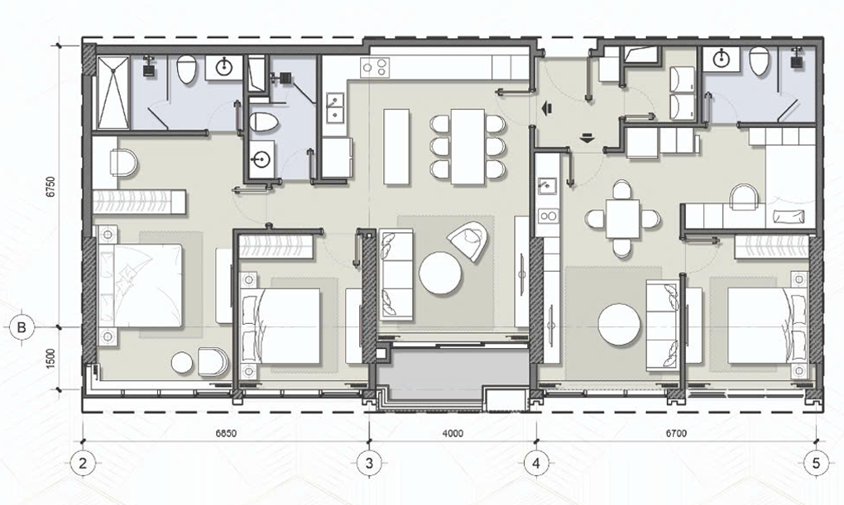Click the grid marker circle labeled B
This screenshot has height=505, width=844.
pyautogui.click(x=22, y=327)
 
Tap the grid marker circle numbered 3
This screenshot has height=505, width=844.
pyautogui.click(x=369, y=463)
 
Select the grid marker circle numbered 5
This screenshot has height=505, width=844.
pyautogui.click(x=817, y=463)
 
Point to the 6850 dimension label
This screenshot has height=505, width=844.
pyautogui.click(x=226, y=433)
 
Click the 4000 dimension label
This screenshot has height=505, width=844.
pyautogui.click(x=452, y=433)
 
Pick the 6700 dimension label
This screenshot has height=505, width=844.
pyautogui.click(x=675, y=433)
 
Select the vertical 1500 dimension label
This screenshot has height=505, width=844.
pyautogui.click(x=50, y=359)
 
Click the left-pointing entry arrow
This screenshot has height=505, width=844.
pyautogui.click(x=548, y=108)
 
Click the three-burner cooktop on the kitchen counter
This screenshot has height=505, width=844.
pyautogui.click(x=375, y=68)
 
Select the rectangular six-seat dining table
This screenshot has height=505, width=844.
pyautogui.click(x=468, y=146)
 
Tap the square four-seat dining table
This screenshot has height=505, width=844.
pyautogui.click(x=623, y=218)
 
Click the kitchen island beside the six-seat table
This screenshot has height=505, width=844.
pyautogui.click(x=396, y=146)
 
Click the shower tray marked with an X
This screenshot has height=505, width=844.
pyautogui.click(x=113, y=92)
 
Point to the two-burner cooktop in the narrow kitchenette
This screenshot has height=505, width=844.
pyautogui.click(x=549, y=217)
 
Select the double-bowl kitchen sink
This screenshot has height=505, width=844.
pyautogui.click(x=335, y=107)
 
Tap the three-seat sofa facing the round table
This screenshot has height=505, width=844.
pyautogui.click(x=396, y=275)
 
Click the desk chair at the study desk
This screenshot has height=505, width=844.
pyautogui.click(x=745, y=197)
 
